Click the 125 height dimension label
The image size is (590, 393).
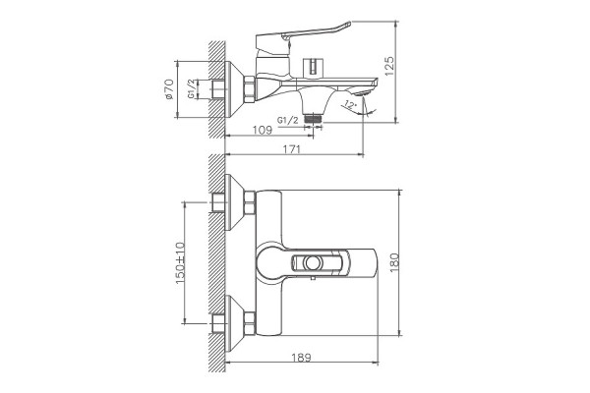point(389,66)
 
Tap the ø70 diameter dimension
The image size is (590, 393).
point(169,89)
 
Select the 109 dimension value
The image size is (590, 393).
point(263,130)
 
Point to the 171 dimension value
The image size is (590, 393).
point(292,149)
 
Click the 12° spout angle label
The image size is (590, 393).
point(350,105)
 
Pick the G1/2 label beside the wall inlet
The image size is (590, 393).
point(191,89)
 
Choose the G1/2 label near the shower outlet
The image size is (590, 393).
point(288,120)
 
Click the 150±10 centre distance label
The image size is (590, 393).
point(180,263)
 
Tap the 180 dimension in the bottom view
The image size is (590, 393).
point(393,262)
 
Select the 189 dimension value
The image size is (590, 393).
point(302,357)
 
